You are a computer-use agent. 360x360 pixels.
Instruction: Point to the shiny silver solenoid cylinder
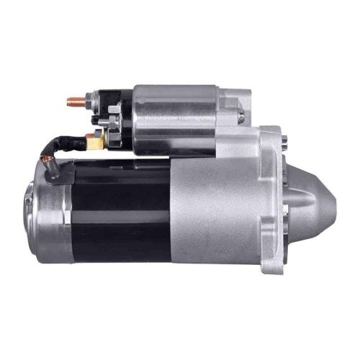(176, 119)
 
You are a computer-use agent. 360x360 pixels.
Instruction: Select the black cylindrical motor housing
(119, 209)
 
